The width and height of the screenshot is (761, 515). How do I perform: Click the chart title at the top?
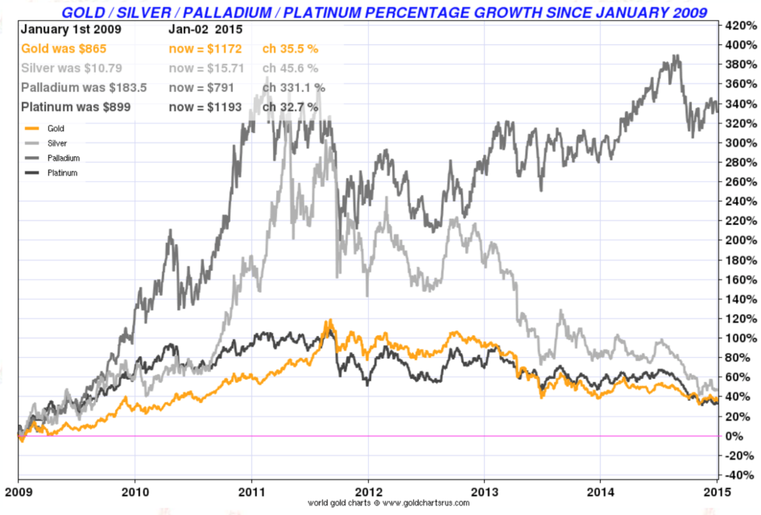[x=384, y=12]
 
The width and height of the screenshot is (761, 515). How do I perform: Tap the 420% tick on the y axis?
[x=741, y=25]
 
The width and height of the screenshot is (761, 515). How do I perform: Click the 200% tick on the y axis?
[x=741, y=240]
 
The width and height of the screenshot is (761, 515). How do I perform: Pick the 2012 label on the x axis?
[x=368, y=492]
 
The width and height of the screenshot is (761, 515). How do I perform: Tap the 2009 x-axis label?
[x=19, y=492]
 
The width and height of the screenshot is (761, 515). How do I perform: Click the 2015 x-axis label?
[x=716, y=492]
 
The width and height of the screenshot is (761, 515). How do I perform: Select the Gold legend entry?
[x=55, y=128]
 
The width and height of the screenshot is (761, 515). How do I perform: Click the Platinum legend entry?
[x=62, y=173]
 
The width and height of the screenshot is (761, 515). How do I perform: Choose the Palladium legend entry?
[x=63, y=158]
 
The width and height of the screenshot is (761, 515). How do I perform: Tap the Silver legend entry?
[x=57, y=144]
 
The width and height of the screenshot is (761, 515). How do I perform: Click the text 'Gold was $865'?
[x=63, y=49]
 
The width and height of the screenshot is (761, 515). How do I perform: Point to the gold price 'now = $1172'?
[x=205, y=49]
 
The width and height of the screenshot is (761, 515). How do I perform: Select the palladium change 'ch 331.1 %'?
[x=293, y=88]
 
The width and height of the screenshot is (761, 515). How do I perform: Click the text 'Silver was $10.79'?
[x=71, y=68]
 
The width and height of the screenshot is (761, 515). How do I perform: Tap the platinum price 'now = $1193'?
[x=205, y=107]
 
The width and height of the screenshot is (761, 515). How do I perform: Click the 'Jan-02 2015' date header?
[x=205, y=29]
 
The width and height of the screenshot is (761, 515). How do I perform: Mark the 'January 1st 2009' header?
[x=71, y=29]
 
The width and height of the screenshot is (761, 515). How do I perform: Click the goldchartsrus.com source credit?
[x=388, y=503]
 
